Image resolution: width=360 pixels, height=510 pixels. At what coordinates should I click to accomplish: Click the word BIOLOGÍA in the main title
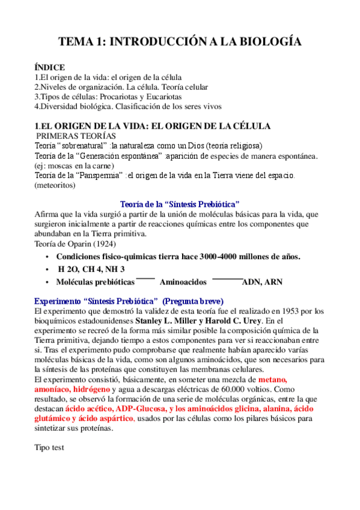point(264,41)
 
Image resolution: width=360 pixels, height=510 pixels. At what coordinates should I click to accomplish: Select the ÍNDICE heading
point(50,68)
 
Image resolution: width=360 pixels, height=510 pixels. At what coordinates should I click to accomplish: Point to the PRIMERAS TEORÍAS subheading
point(75,136)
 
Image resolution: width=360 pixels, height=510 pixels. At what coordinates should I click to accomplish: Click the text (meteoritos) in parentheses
point(55,186)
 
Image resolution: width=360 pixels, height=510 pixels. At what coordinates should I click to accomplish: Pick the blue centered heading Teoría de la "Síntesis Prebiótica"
point(180,204)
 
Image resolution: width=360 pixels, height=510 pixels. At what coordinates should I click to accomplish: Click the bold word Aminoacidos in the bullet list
point(183,281)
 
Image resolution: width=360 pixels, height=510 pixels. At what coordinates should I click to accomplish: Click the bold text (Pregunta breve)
point(193,301)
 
